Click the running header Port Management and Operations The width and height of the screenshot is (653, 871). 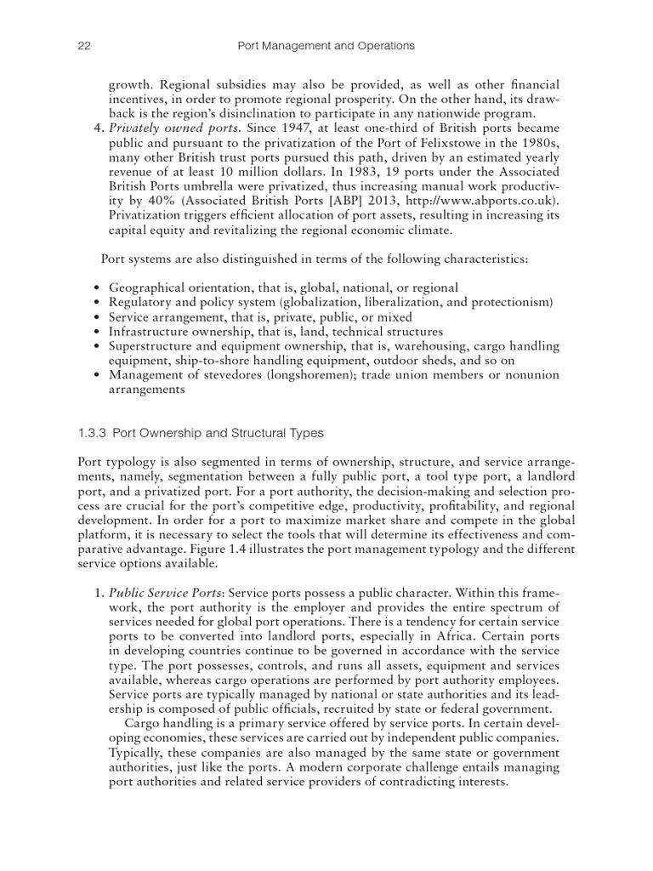tap(326, 45)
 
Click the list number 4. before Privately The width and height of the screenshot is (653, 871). tap(95, 128)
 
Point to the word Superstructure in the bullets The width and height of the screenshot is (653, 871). tap(150, 346)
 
